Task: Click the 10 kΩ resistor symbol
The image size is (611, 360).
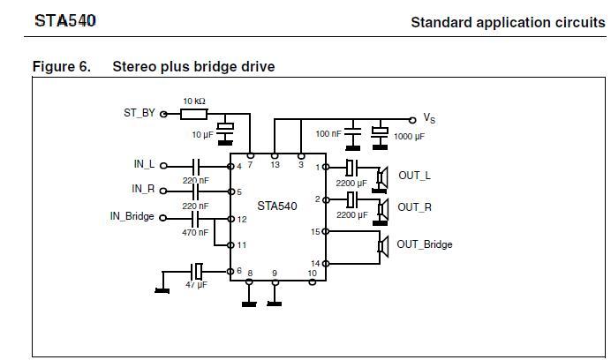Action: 193,114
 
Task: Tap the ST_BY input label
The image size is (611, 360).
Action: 139,114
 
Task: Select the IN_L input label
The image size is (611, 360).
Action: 143,165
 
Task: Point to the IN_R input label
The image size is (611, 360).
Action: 143,190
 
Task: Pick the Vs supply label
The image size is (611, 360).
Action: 429,118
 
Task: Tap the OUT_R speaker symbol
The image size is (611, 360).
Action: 382,208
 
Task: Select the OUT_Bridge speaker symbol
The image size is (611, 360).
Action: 382,245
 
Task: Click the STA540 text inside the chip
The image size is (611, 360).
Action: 277,206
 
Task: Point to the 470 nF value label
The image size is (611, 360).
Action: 195,233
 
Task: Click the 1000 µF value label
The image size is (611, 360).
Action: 409,137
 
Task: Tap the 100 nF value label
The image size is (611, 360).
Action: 328,134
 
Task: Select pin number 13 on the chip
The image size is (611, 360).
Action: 275,165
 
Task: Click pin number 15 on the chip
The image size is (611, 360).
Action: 315,232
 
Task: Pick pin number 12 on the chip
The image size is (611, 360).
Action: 242,219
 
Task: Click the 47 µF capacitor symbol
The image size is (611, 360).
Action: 198,270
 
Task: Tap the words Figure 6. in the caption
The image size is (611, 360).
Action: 61,67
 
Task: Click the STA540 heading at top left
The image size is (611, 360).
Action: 64,19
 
